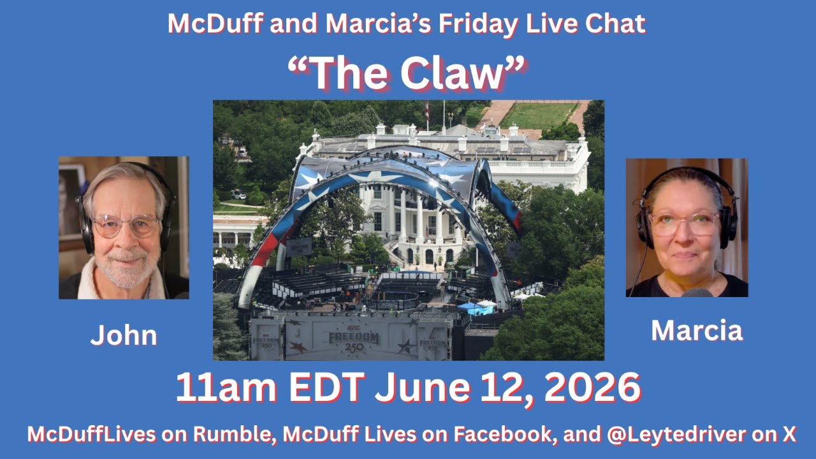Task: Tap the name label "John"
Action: point(124,335)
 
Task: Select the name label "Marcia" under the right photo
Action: point(697,330)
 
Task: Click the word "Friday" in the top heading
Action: point(477,24)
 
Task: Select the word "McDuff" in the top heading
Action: point(215,24)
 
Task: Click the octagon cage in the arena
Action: point(392,300)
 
